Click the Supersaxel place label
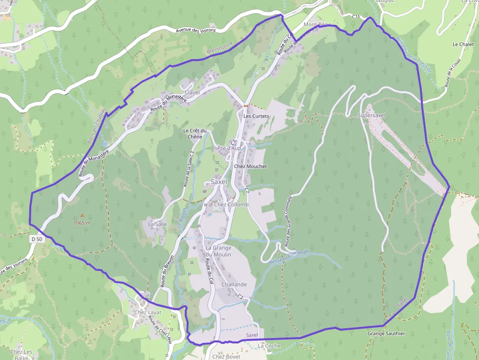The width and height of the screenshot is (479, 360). coord(371,115)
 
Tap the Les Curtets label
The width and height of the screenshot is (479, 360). coord(257,116)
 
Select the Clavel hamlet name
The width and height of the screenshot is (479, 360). coord(192,92)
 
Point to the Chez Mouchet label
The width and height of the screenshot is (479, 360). coord(251,167)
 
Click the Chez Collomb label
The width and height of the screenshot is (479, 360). coord(231,205)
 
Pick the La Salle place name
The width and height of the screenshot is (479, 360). coord(157,224)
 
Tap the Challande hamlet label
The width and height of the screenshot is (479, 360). coord(234,284)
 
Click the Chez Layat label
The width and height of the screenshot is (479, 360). coord(148,312)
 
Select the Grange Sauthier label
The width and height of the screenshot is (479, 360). coord(386,334)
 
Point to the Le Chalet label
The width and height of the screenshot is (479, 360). coord(463,44)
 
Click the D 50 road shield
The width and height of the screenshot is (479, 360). coord(37,239)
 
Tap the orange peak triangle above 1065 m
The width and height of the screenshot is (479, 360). coord(82,215)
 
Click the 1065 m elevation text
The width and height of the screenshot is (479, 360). coord(82,223)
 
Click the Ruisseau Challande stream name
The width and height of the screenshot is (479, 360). coord(289,257)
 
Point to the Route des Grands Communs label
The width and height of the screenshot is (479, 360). coord(288,221)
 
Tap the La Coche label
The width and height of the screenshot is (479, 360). coord(269,346)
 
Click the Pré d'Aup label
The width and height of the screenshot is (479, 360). coord(229,148)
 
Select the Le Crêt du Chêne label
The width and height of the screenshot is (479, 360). coord(196,133)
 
